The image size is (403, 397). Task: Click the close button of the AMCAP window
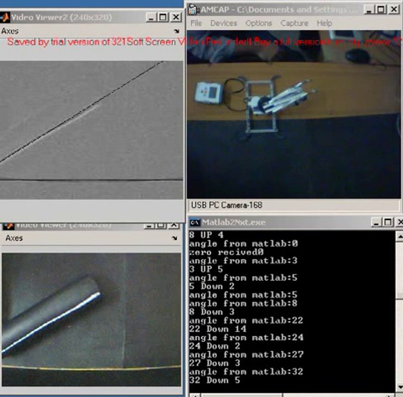[394, 9]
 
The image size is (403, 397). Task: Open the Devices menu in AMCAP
[224, 23]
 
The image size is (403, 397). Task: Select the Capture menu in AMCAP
[294, 23]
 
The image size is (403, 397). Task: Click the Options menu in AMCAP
[259, 23]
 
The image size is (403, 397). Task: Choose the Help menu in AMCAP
[324, 23]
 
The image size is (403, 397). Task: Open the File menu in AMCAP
[196, 23]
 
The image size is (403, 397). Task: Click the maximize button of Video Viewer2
[163, 17]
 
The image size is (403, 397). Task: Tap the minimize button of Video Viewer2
[151, 17]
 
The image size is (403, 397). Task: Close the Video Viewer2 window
[176, 17]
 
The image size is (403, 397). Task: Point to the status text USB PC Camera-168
[226, 205]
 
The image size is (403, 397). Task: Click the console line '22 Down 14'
[218, 329]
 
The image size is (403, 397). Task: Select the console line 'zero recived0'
[222, 252]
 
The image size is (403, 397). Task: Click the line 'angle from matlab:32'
[246, 372]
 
